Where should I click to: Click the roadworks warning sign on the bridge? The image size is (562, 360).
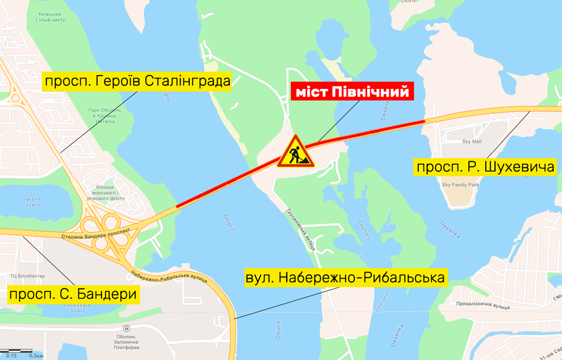pyautogui.click(x=296, y=152)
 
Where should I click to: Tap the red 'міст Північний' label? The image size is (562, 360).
pyautogui.click(x=352, y=92)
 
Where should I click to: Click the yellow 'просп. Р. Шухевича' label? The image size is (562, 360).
pyautogui.click(x=485, y=167)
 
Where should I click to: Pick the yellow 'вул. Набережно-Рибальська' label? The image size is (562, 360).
pyautogui.click(x=345, y=277)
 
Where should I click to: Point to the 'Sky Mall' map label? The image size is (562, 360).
pyautogui.click(x=471, y=141)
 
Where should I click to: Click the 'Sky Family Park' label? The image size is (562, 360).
pyautogui.click(x=460, y=185)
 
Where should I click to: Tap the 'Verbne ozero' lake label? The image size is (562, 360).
pyautogui.click(x=32, y=202)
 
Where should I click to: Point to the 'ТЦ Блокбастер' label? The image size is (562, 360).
pyautogui.click(x=27, y=275)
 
